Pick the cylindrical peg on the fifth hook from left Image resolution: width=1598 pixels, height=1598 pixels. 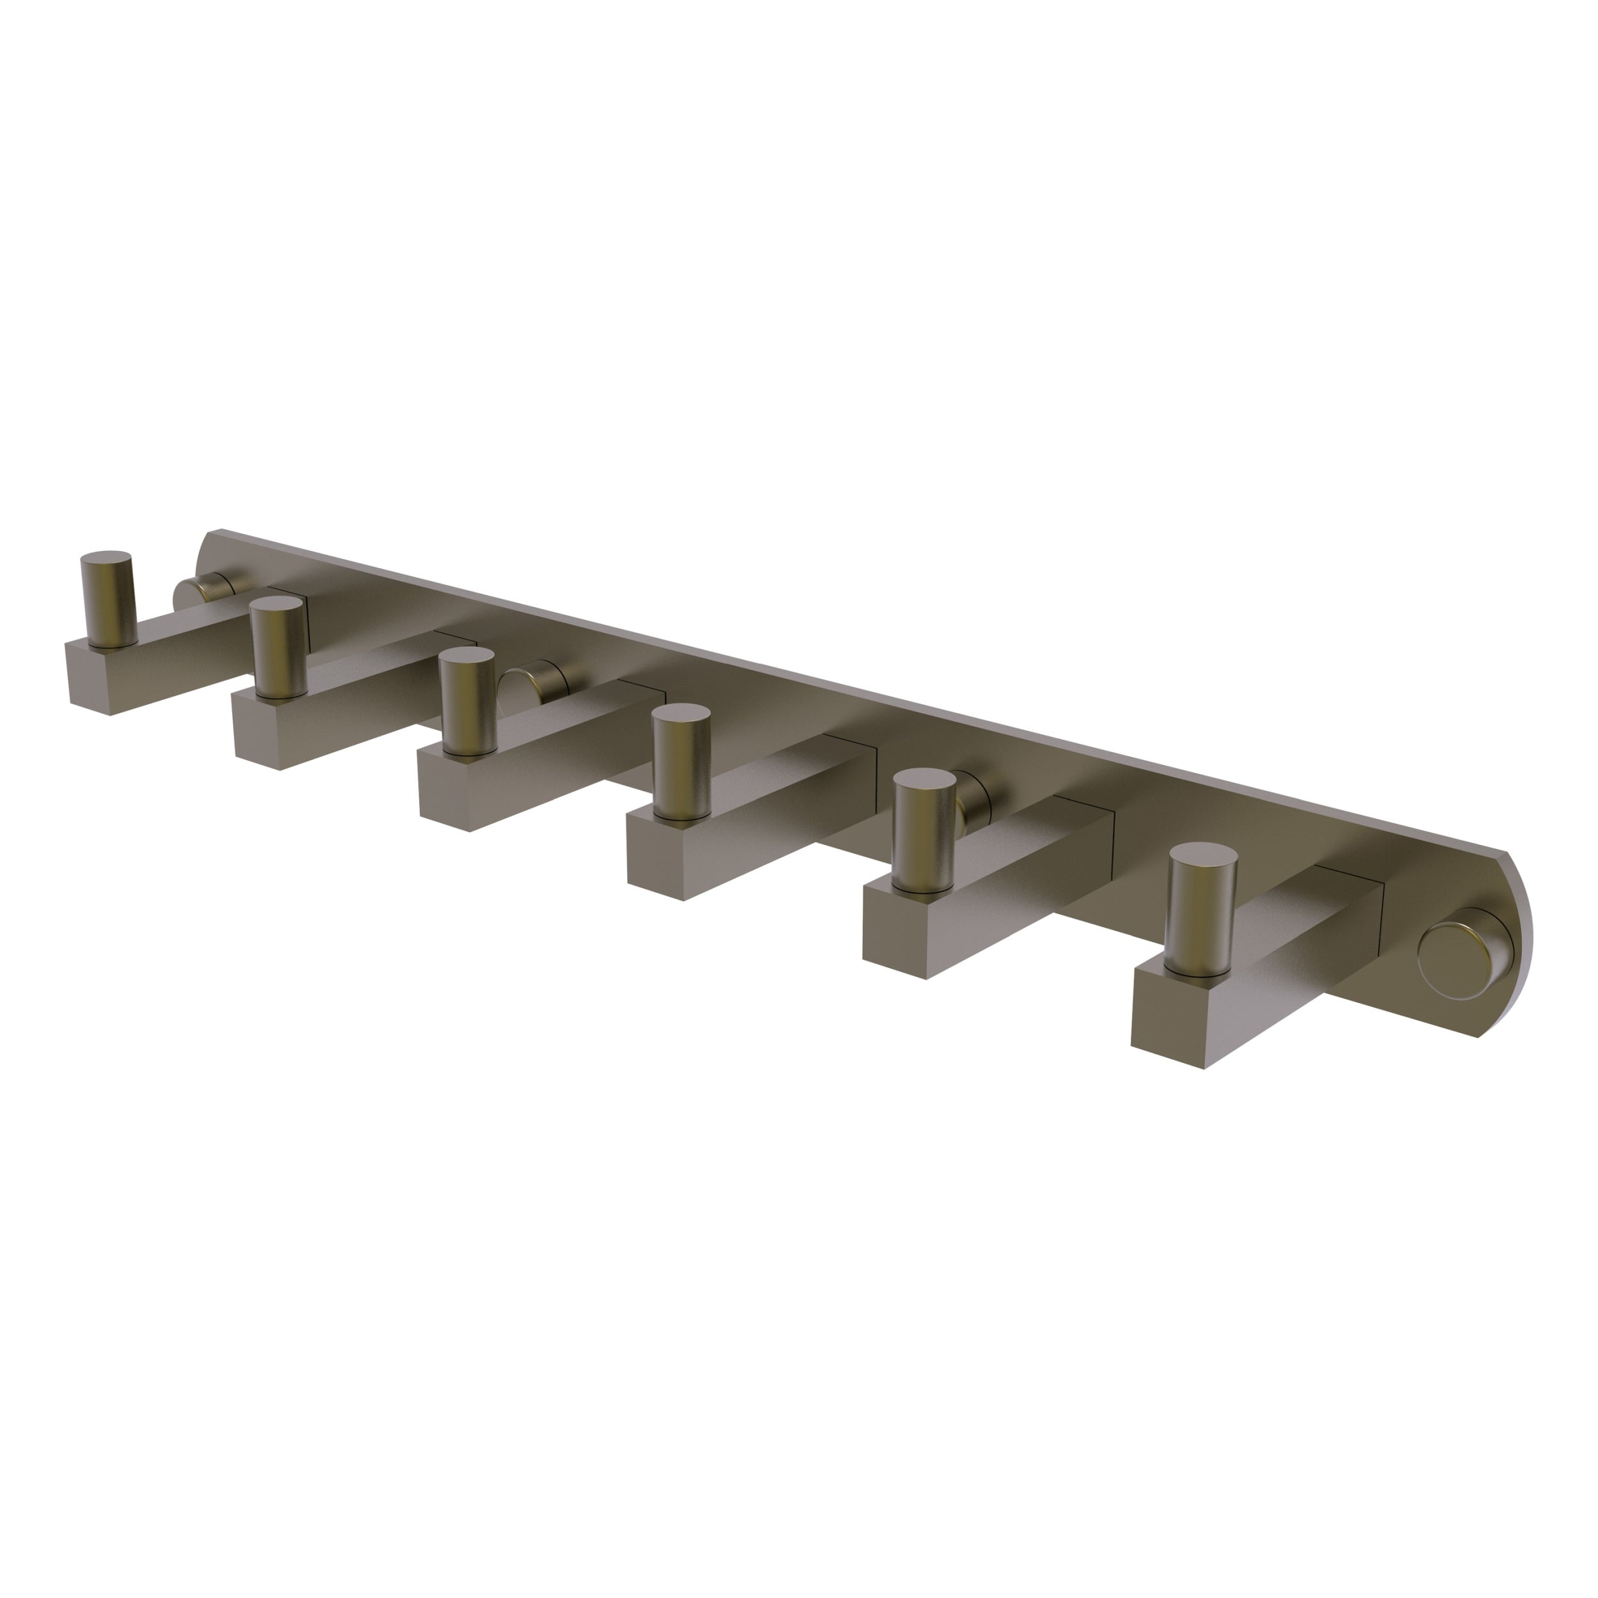pos(925,830)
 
